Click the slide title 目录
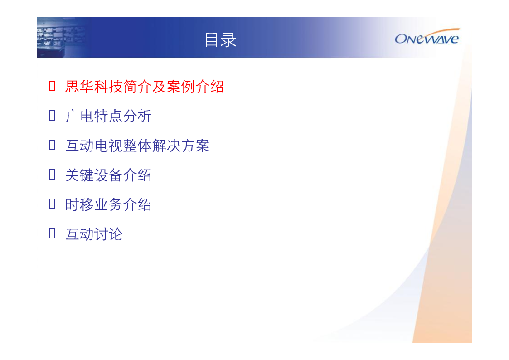pyautogui.click(x=220, y=40)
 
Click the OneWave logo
pyautogui.click(x=427, y=36)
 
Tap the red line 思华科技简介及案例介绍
pyautogui.click(x=145, y=87)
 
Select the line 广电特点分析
pyautogui.click(x=108, y=116)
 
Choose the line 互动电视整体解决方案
pyautogui.click(x=137, y=146)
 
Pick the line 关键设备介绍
pyautogui.click(x=108, y=175)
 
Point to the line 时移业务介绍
pyautogui.click(x=108, y=205)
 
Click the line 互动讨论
pyautogui.click(x=94, y=234)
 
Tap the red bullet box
pyautogui.click(x=52, y=86)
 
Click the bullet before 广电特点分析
pyautogui.click(x=52, y=116)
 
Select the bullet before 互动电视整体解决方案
pyautogui.click(x=52, y=145)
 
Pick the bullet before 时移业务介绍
pyautogui.click(x=52, y=204)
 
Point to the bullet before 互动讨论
pyautogui.click(x=52, y=234)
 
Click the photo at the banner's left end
pyautogui.click(x=62, y=37)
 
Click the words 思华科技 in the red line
pyautogui.click(x=94, y=87)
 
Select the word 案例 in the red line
pyautogui.click(x=180, y=87)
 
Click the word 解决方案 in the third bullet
pyautogui.click(x=181, y=146)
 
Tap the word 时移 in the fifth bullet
pyautogui.click(x=79, y=205)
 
